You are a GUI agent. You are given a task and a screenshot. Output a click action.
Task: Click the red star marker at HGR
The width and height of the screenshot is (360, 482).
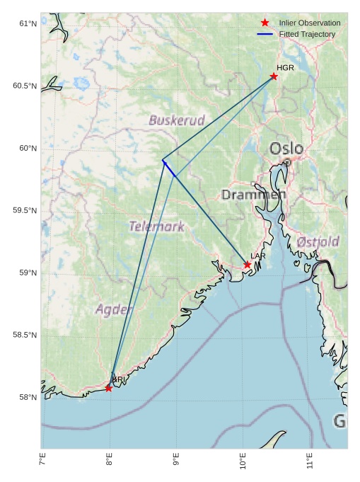[x=274, y=76]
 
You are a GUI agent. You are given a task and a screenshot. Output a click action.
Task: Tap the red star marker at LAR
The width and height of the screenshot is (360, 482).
[x=248, y=265]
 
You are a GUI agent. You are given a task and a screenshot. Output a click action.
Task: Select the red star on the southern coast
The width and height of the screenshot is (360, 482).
[x=108, y=388]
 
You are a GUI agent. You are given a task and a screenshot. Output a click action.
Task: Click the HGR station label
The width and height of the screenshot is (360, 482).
[x=285, y=67]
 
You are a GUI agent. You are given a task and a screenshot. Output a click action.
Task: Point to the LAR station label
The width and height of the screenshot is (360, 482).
[x=258, y=256]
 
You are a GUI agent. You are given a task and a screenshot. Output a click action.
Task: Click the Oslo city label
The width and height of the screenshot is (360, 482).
[x=286, y=149]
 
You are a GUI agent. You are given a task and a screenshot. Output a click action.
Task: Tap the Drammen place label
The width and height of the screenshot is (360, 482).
[x=254, y=194]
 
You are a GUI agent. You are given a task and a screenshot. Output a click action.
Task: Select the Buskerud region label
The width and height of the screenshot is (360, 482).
[x=176, y=120]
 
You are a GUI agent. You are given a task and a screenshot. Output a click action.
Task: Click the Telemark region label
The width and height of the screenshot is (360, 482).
[x=156, y=226]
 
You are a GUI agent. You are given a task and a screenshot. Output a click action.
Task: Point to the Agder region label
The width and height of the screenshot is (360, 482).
[x=114, y=309]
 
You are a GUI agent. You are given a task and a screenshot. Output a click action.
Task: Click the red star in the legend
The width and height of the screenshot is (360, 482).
[x=265, y=23]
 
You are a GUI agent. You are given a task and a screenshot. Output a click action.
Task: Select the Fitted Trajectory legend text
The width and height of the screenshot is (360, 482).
[x=307, y=34]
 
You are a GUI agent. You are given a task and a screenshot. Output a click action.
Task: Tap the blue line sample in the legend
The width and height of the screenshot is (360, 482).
[x=265, y=34]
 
